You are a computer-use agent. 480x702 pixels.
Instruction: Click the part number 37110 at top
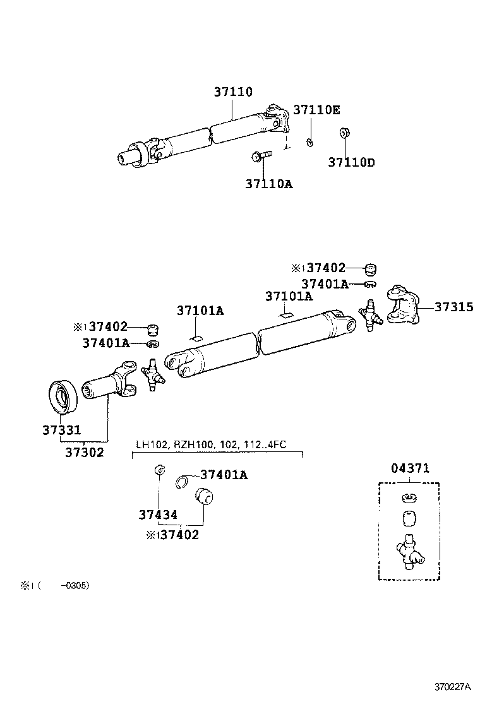pos(232,92)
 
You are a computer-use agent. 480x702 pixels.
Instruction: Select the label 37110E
pos(316,110)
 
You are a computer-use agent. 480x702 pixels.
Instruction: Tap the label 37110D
pos(351,162)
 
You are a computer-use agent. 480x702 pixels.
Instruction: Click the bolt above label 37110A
pos(261,155)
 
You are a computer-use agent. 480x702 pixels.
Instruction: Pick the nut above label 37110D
pos(345,134)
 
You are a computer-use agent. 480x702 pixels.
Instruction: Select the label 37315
pos(453,307)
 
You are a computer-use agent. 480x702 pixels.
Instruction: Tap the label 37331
pos(61,431)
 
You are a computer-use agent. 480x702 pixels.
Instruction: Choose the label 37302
pos(85,452)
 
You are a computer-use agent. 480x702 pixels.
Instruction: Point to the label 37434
pos(157,515)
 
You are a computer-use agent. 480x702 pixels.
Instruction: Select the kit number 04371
pos(409,468)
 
